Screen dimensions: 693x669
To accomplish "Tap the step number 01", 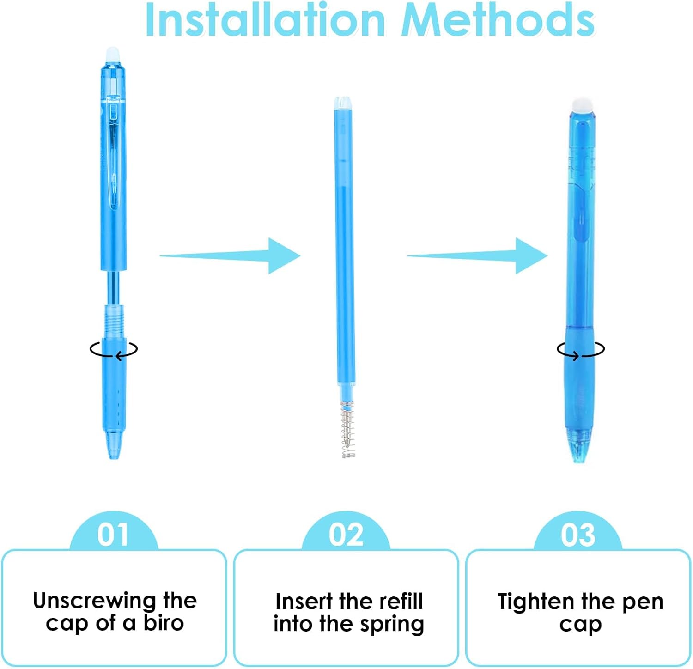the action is coord(113,535).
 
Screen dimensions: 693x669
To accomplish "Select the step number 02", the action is coord(346,535).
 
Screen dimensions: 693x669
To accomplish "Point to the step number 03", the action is coord(578,535).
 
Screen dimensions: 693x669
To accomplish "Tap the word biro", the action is coord(164,623).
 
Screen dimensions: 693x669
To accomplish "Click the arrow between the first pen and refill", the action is coord(230,255).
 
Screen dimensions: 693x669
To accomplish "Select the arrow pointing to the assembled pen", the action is coord(477,255).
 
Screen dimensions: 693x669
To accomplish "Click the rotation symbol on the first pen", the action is coord(114,350).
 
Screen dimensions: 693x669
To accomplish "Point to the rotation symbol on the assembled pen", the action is coord(581,350).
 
